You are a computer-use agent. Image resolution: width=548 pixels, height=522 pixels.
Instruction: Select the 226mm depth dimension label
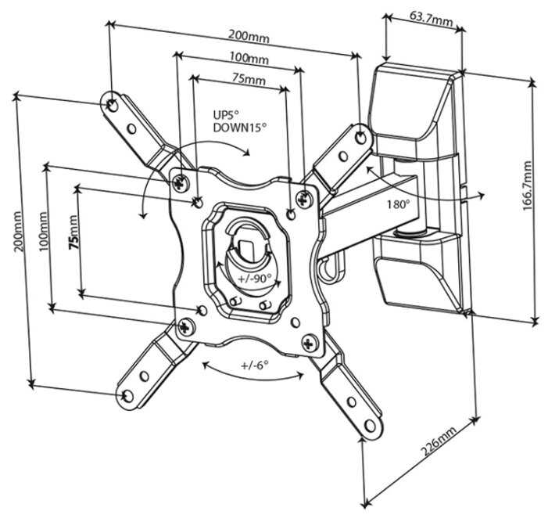(x=437, y=446)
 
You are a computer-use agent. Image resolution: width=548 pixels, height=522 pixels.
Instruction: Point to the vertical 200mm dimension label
(x=17, y=235)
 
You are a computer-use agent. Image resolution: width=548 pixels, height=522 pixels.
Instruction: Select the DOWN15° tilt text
(x=239, y=127)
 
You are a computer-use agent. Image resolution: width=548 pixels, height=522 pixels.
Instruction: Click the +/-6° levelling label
(x=254, y=365)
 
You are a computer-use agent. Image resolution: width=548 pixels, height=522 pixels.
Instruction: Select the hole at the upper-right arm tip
(x=361, y=136)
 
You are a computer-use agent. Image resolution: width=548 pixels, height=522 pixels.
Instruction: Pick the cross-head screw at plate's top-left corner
(x=181, y=182)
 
